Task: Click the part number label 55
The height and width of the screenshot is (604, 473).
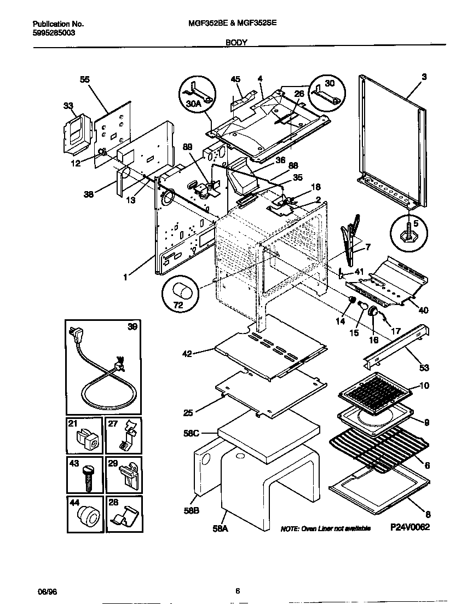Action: coord(84,80)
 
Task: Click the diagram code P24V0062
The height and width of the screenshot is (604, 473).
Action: coord(409,527)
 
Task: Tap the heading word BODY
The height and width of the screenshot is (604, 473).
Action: coord(236,42)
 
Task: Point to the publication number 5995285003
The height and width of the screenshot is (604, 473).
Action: coord(54,33)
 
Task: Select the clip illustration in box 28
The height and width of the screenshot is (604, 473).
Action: coord(123,516)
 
